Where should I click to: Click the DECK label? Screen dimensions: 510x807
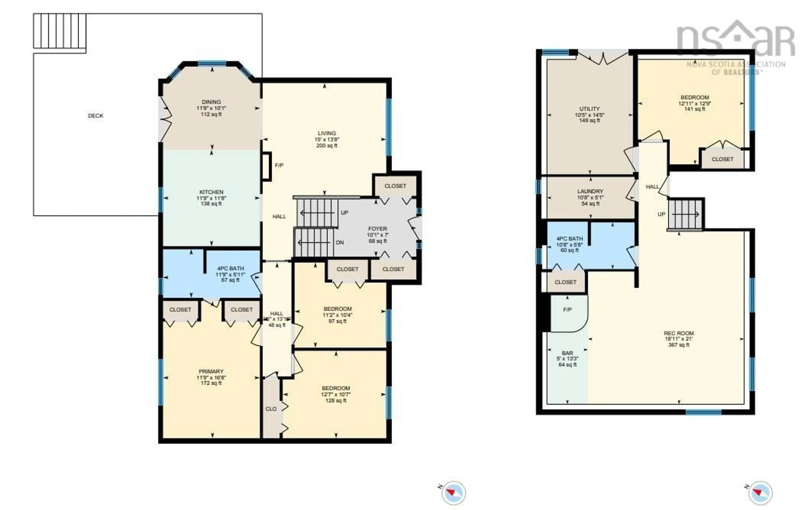(x=95, y=116)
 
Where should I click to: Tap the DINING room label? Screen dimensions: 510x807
(x=211, y=102)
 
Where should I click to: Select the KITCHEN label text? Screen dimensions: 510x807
(x=211, y=192)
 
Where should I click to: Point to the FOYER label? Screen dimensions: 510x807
(x=377, y=229)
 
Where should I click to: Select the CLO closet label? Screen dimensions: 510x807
(x=271, y=409)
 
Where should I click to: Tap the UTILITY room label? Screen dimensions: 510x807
(x=589, y=109)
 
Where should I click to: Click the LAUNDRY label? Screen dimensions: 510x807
(x=590, y=191)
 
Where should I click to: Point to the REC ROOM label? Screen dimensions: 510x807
(x=679, y=333)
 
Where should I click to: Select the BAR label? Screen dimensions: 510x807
(x=567, y=353)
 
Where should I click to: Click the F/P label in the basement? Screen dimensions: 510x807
(x=567, y=310)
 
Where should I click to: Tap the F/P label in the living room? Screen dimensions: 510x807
(x=279, y=165)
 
